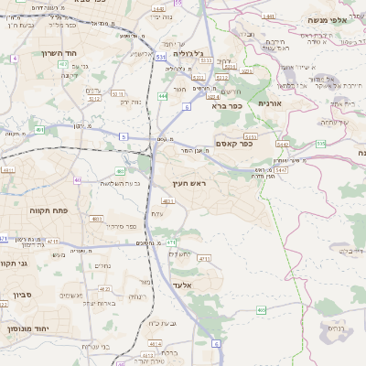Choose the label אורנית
pos(272,103)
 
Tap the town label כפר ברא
pos(225,106)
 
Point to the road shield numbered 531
pos(161,57)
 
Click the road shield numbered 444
pos(162,95)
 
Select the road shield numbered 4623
pos(167,199)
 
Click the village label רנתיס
pos(336,328)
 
